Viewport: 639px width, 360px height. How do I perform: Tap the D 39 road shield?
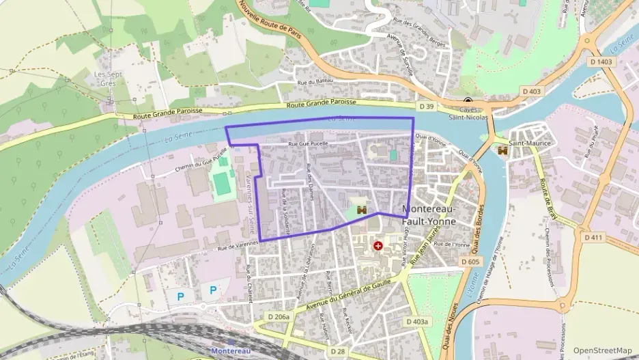pyautogui.click(x=426, y=107)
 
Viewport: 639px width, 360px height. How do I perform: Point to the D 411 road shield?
pyautogui.click(x=594, y=237)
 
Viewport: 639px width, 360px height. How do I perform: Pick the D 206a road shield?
pyautogui.click(x=279, y=317)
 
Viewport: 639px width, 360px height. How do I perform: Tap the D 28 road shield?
pyautogui.click(x=339, y=351)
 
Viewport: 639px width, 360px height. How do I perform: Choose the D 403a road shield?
pyautogui.click(x=417, y=321)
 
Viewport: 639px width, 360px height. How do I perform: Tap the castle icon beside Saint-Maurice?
pyautogui.click(x=503, y=150)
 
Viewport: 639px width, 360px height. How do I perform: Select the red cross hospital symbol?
pyautogui.click(x=378, y=245)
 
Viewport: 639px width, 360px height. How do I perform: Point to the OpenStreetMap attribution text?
pyautogui.click(x=602, y=350)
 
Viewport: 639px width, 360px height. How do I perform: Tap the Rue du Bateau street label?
pyautogui.click(x=315, y=82)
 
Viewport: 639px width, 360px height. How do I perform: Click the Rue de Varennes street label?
pyautogui.click(x=237, y=245)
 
